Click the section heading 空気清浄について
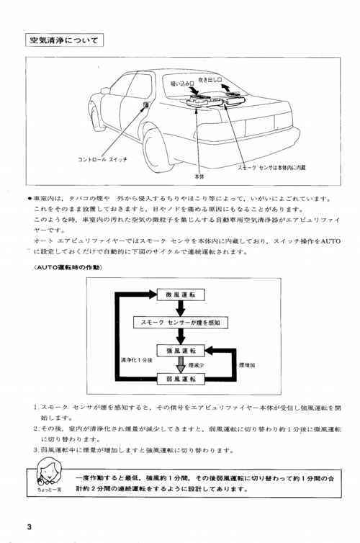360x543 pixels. coord(64,40)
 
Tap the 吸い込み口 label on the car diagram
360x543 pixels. coord(182,84)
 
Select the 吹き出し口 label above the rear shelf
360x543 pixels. coord(210,80)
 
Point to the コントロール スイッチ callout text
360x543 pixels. coord(102,160)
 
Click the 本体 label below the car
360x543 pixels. coord(199,176)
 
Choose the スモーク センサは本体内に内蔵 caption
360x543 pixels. coord(271,168)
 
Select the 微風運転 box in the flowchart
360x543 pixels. coord(181,295)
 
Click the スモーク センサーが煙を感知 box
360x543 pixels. coord(181,323)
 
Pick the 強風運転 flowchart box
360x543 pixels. coord(181,351)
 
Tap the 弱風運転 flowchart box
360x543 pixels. coord(181,379)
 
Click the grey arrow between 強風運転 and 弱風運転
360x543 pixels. coord(181,364)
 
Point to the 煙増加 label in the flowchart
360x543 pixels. coord(247,365)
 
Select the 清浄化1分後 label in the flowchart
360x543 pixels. coord(136,360)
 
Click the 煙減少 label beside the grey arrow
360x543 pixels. coord(197,365)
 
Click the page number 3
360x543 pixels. coord(29,526)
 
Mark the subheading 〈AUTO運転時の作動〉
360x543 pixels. coord(68,267)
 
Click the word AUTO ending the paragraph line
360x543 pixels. coord(330,241)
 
